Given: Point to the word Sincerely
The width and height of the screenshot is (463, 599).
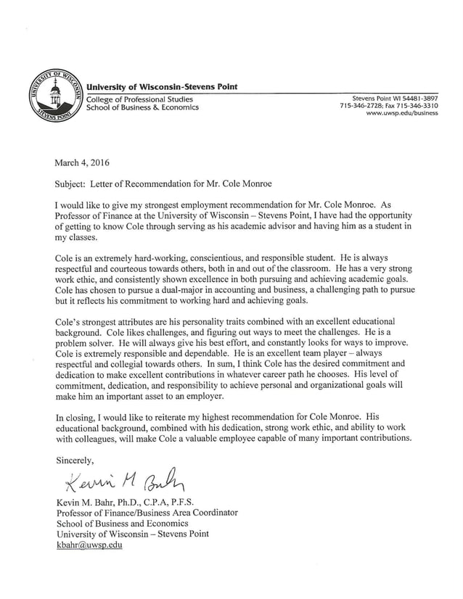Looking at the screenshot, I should (x=75, y=460).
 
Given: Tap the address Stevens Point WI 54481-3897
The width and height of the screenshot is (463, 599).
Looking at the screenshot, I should (x=395, y=98).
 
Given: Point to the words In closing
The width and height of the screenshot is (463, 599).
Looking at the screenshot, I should (x=80, y=417).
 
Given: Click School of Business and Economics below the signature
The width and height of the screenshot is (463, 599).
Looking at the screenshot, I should (x=122, y=523).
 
